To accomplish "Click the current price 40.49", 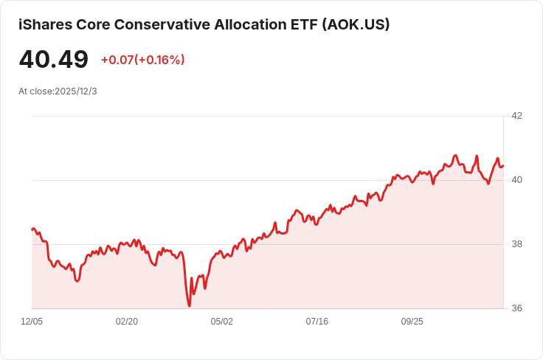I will click(54, 60).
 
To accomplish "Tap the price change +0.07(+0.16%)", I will click(142, 60).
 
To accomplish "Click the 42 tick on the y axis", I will click(516, 116).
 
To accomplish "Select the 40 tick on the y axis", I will click(516, 180).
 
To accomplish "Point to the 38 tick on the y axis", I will click(516, 244).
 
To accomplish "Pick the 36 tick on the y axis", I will click(516, 308).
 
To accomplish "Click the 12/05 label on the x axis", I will click(32, 322).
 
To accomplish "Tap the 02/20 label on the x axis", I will click(127, 322).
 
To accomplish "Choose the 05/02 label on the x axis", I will click(222, 322).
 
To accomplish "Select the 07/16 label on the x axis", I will click(317, 322).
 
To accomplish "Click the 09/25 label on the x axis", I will click(412, 322).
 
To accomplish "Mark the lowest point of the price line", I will click(190, 305).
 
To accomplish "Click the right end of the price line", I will click(502, 165).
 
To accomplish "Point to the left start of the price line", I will click(32, 229).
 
